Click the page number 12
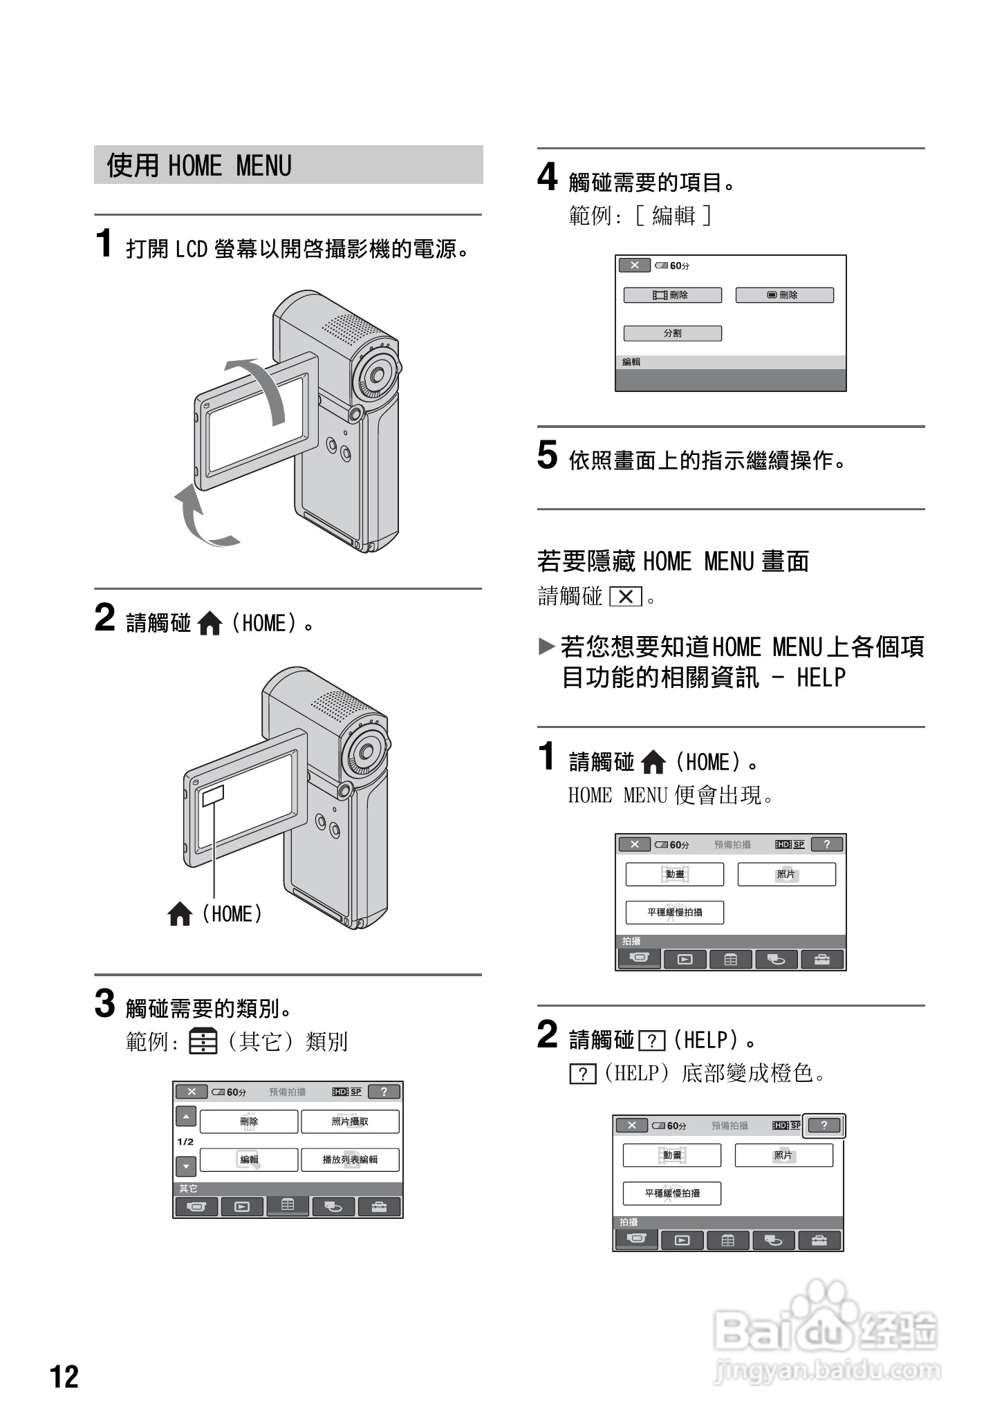(x=64, y=1376)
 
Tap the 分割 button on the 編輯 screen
(x=672, y=333)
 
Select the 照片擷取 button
(x=350, y=1121)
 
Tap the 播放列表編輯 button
(x=350, y=1159)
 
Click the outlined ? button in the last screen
(x=824, y=1125)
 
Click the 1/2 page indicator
(x=185, y=1141)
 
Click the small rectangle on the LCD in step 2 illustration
(x=213, y=796)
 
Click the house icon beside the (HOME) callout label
(x=180, y=914)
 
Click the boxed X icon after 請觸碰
(x=626, y=596)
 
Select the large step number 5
(x=547, y=456)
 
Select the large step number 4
(x=547, y=178)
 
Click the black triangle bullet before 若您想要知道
(x=546, y=647)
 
